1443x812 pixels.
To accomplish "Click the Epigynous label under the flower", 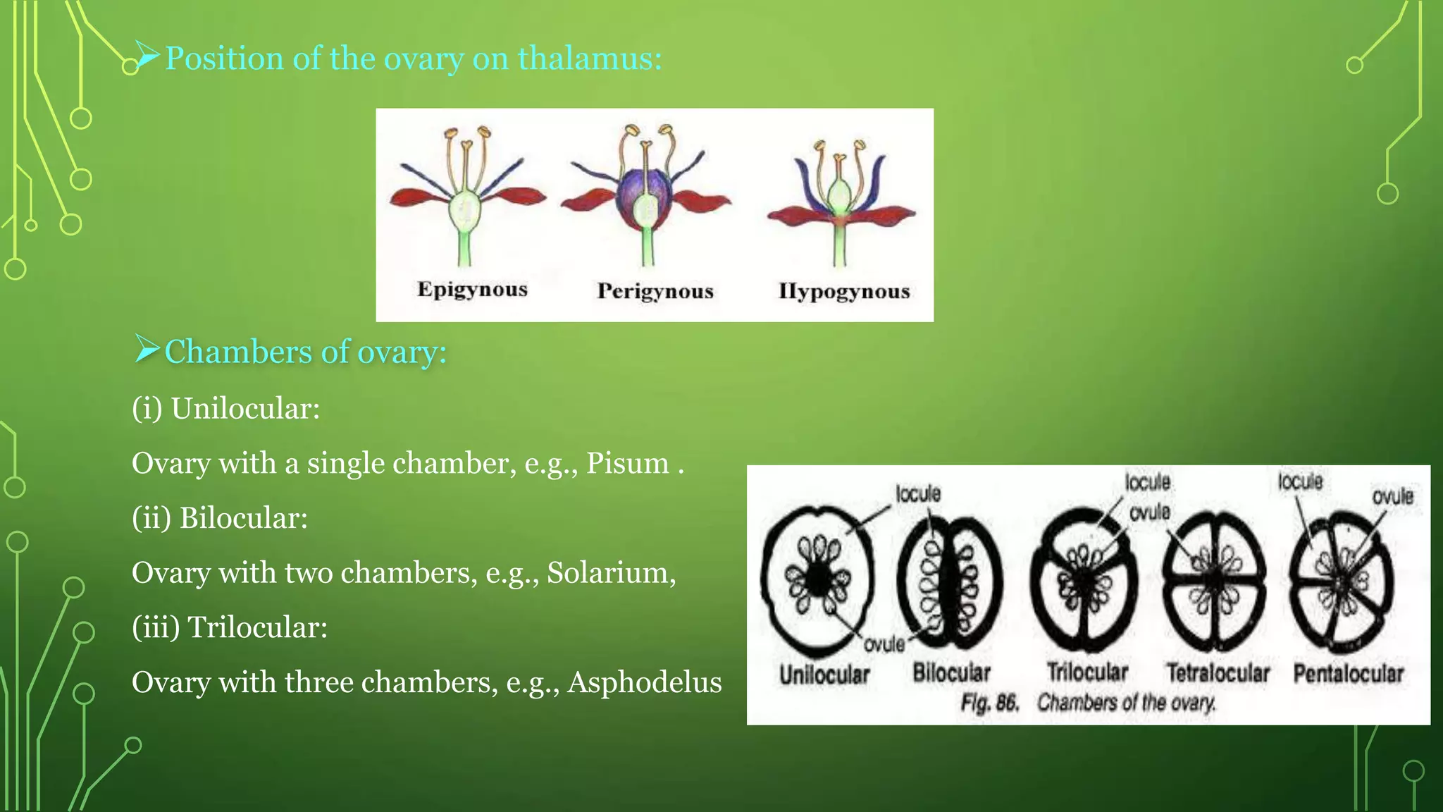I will click(x=472, y=290).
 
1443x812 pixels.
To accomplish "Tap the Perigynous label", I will click(x=655, y=291).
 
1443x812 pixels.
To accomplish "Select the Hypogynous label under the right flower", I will click(x=844, y=291).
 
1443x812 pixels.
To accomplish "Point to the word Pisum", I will click(x=628, y=464).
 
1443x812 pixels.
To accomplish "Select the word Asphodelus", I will click(x=645, y=682).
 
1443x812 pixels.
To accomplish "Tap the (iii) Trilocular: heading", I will click(x=230, y=627).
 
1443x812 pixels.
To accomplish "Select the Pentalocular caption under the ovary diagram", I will click(x=1348, y=674).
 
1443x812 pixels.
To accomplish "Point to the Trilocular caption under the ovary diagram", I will click(x=1086, y=672).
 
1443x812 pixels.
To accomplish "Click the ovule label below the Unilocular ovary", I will click(x=884, y=644).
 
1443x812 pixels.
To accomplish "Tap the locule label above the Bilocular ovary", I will click(x=917, y=494).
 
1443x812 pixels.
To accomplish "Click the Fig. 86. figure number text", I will click(x=990, y=703).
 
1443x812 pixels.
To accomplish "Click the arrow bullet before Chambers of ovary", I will click(x=147, y=350).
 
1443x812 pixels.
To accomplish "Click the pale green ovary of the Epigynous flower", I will click(x=466, y=209).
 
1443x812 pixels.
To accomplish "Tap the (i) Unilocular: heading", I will click(x=225, y=409).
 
